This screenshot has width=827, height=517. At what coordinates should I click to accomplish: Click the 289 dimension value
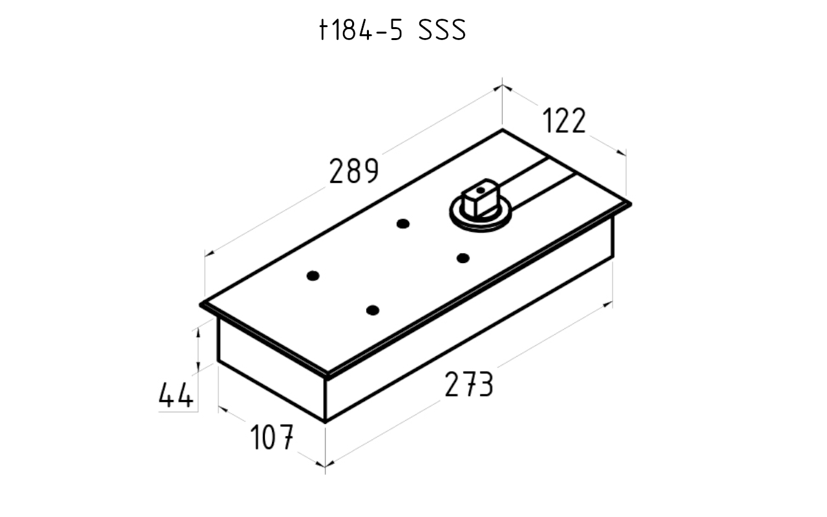pyautogui.click(x=354, y=171)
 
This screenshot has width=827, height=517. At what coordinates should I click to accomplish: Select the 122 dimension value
pyautogui.click(x=564, y=120)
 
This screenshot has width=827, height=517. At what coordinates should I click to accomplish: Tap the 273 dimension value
pyautogui.click(x=469, y=385)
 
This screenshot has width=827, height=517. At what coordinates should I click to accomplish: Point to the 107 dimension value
pyautogui.click(x=272, y=437)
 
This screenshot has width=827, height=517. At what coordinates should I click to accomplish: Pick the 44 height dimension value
pyautogui.click(x=176, y=395)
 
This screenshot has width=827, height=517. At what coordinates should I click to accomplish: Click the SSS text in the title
pyautogui.click(x=443, y=30)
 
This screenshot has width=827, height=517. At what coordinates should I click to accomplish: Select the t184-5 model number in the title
pyautogui.click(x=361, y=30)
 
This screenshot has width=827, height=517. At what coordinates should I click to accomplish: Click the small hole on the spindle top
pyautogui.click(x=480, y=190)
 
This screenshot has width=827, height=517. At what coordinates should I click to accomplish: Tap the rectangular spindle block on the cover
pyautogui.click(x=480, y=198)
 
